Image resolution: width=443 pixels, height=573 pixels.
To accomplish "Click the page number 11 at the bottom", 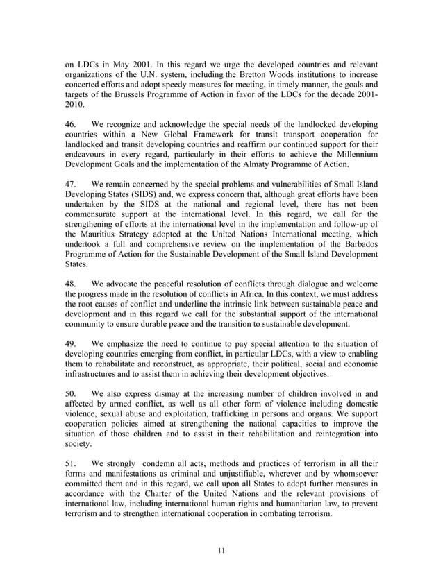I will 221,551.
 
